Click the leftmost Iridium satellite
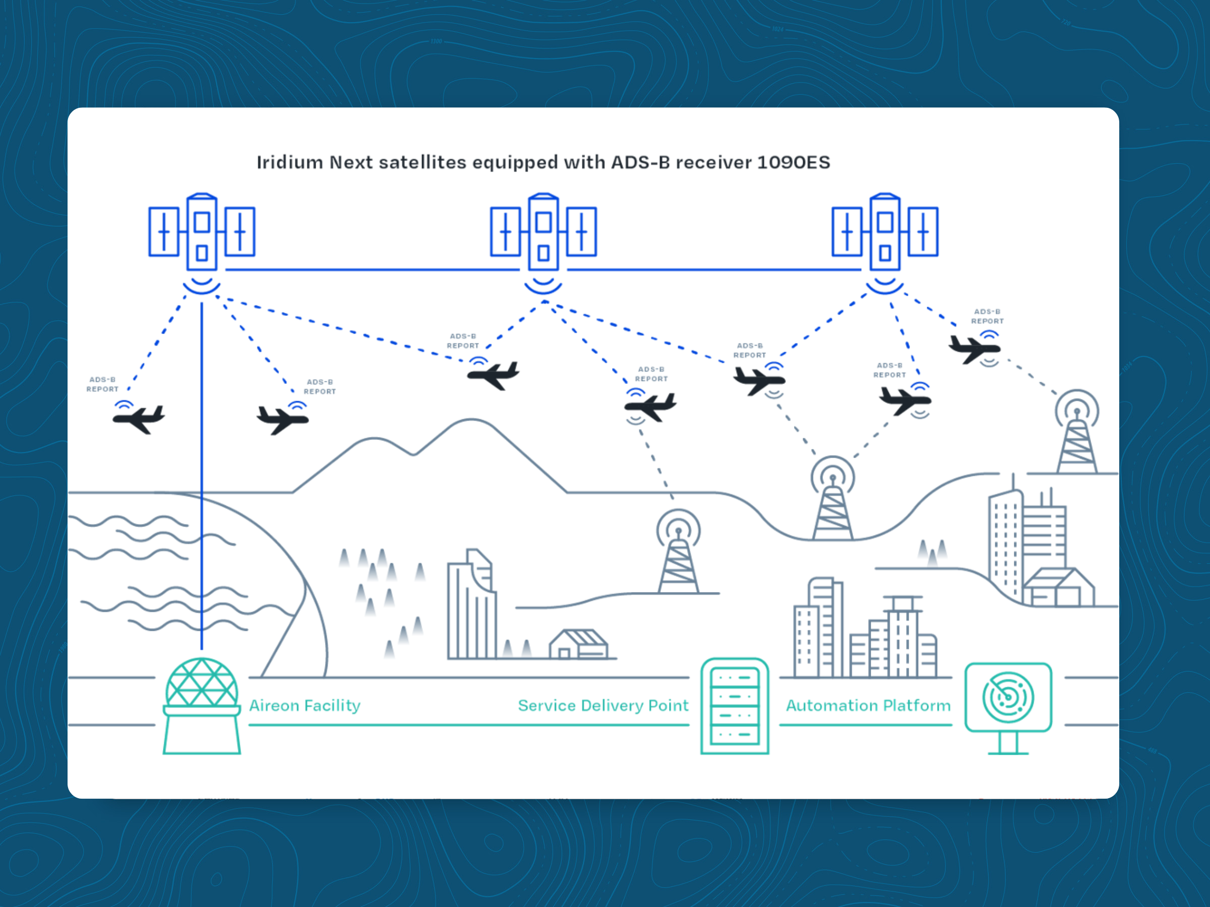pyautogui.click(x=202, y=232)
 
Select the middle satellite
pyautogui.click(x=543, y=232)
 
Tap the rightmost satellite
pyautogui.click(x=884, y=232)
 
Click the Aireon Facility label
pyautogui.click(x=305, y=705)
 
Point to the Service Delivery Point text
pyautogui.click(x=603, y=705)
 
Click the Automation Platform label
pyautogui.click(x=868, y=705)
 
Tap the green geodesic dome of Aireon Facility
pyautogui.click(x=202, y=683)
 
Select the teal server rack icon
pyautogui.click(x=735, y=706)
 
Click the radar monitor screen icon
pyautogui.click(x=1008, y=698)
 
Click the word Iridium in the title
pyautogui.click(x=290, y=162)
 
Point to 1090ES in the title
pyautogui.click(x=794, y=162)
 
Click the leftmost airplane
pyautogui.click(x=139, y=419)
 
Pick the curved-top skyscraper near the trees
pyautogui.click(x=471, y=607)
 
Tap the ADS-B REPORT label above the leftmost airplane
pyautogui.click(x=102, y=384)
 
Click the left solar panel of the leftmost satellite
pyautogui.click(x=164, y=232)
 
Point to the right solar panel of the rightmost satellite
pyautogui.click(x=923, y=232)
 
